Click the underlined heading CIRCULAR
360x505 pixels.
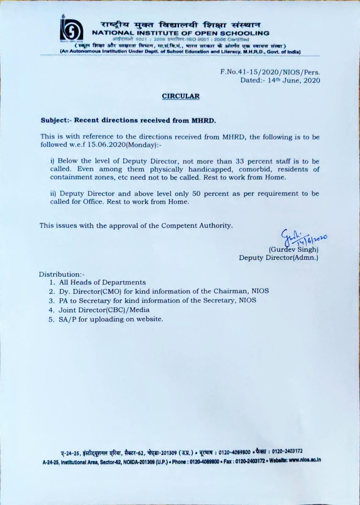(x=181, y=96)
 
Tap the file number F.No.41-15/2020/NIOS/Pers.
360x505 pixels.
(x=270, y=72)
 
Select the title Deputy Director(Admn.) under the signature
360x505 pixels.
(x=278, y=257)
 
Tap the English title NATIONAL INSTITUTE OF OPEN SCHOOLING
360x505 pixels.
(x=181, y=33)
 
